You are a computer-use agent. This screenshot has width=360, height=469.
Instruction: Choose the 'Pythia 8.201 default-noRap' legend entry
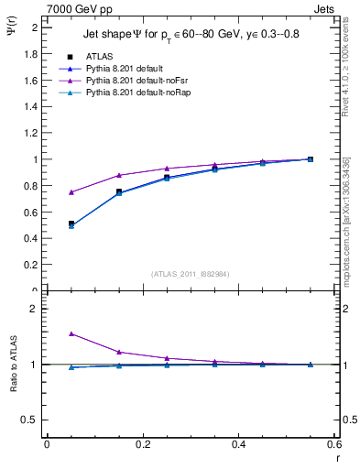point(133,94)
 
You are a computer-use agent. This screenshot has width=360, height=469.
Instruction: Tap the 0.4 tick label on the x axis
point(238,444)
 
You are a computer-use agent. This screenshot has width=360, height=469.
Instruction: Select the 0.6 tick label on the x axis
point(334,444)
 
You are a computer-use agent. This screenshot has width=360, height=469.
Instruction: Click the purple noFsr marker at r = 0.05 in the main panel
point(47,192)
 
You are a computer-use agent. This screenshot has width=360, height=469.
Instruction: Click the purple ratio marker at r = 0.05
point(47,333)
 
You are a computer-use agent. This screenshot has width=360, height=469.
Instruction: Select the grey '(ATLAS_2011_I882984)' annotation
point(190,273)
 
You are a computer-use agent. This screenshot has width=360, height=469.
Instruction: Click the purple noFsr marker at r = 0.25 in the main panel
point(167,169)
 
